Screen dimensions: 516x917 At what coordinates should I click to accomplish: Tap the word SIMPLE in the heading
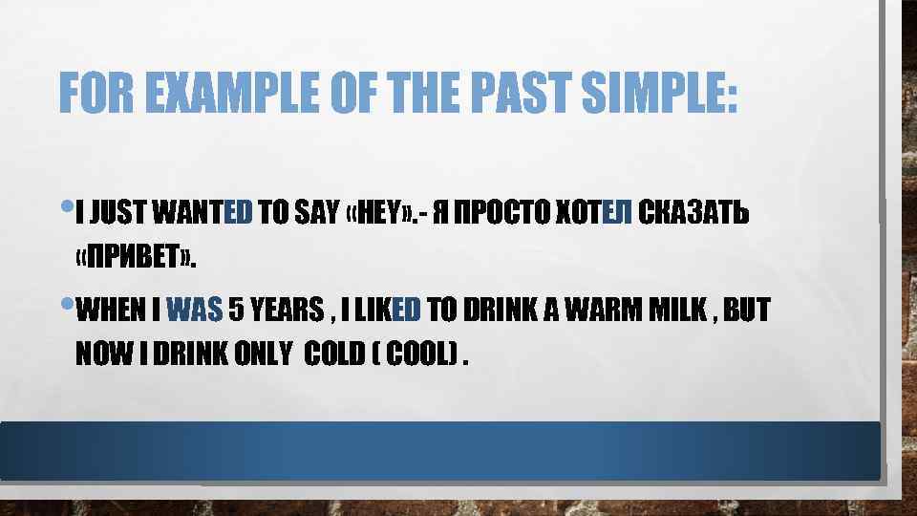click(660, 93)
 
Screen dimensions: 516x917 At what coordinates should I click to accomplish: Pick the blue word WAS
click(194, 311)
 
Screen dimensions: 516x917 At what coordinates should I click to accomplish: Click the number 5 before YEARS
click(235, 311)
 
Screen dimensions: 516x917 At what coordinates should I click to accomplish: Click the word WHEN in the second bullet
click(110, 311)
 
